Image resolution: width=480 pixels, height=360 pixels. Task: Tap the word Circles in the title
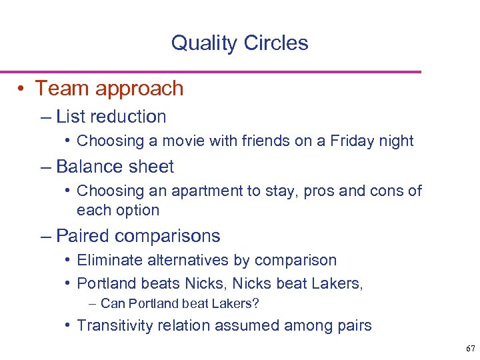(275, 43)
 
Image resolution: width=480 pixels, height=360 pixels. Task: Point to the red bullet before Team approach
(23, 89)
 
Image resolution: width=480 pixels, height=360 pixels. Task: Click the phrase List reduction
(111, 117)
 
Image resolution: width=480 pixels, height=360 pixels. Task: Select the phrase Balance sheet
(115, 167)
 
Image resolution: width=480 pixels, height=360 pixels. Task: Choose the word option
(137, 211)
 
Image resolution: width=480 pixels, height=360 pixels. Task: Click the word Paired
(84, 236)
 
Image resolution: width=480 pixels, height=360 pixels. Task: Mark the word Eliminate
(105, 260)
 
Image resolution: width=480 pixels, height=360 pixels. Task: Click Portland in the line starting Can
(153, 304)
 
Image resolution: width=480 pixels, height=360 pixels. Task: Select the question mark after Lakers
(255, 304)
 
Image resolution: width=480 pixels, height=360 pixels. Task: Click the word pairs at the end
(353, 327)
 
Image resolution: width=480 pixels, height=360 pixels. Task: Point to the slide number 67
(470, 349)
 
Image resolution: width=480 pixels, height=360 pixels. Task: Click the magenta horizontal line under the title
(211, 71)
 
